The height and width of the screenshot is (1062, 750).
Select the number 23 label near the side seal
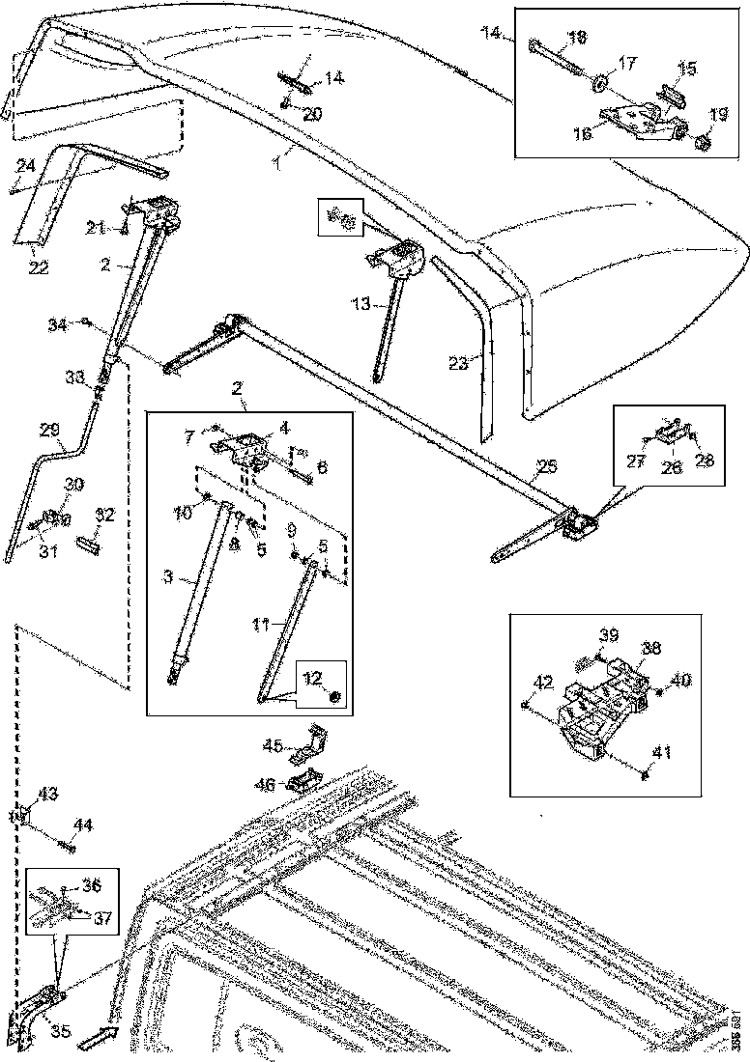point(459,364)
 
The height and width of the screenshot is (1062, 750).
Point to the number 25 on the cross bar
point(546,467)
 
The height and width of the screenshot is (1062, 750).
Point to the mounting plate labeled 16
point(633,119)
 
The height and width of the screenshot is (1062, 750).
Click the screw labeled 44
point(67,846)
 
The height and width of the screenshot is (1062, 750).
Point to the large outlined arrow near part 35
point(96,1039)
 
